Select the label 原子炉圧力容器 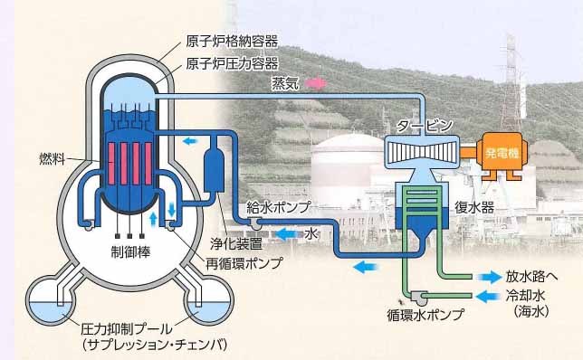pos(231,63)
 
